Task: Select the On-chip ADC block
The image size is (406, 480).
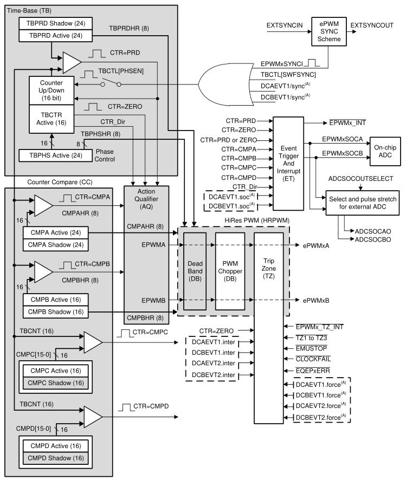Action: [x=386, y=150]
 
